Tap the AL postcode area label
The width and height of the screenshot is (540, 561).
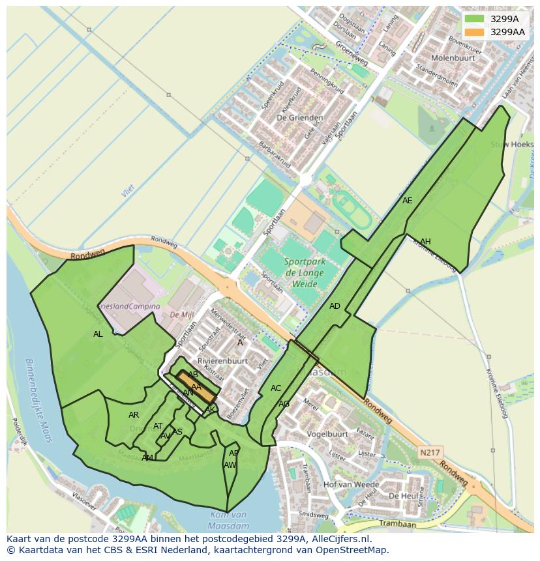(98, 334)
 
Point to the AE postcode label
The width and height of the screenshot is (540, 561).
(408, 201)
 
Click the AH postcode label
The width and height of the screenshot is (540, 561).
(425, 242)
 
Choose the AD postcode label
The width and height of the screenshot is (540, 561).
(335, 306)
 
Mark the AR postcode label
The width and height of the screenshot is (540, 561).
(134, 415)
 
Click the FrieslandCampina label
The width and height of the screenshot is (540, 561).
(128, 306)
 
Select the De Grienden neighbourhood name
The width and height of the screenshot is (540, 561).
(291, 118)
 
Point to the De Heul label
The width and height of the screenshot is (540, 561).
(403, 496)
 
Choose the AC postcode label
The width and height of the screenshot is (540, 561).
(276, 388)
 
